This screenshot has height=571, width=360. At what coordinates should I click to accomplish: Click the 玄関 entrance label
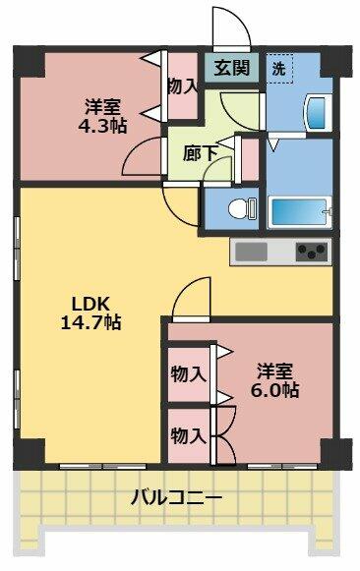point(231,68)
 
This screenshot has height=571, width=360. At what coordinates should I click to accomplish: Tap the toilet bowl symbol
point(242,209)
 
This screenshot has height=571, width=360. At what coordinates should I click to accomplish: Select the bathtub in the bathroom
point(300,212)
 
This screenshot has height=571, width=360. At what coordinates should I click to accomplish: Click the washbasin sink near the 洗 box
point(317,112)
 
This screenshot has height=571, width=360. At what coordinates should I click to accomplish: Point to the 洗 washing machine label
point(278,69)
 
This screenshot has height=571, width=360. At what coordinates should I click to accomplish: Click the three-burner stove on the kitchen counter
point(311,252)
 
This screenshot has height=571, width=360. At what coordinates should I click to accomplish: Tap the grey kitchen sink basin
point(251,252)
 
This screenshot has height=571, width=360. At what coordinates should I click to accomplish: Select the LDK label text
point(90,304)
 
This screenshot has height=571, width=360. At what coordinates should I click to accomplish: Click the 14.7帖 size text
point(90,322)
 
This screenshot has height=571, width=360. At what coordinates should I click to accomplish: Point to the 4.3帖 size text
point(102,126)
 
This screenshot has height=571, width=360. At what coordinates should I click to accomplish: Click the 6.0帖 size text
point(274,390)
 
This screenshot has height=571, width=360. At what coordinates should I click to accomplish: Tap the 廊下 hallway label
point(200,153)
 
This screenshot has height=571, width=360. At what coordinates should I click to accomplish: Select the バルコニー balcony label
point(176,497)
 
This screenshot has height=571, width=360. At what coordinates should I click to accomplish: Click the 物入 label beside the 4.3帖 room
point(182,87)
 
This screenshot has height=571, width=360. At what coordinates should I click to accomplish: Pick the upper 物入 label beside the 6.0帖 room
point(189,374)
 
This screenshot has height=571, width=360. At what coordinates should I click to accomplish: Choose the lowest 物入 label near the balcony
point(189,436)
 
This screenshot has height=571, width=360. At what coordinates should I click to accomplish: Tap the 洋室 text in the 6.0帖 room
point(274,371)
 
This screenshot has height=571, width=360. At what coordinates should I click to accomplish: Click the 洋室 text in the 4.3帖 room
point(102,107)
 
